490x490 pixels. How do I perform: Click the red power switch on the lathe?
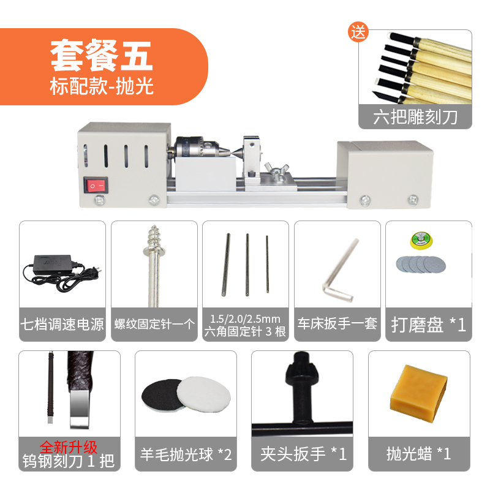pos(96,186)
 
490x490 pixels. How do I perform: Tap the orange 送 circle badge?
pos(358,32)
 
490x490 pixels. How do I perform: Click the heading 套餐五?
pos(102,56)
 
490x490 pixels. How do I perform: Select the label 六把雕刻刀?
pos(415,117)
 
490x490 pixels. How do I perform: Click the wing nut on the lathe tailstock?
pos(277,171)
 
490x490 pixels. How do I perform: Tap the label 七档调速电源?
pos(62,325)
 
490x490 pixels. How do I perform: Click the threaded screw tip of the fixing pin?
pos(154,239)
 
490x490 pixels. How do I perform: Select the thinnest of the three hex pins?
pos(267,264)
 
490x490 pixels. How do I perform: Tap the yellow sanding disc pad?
pos(421,241)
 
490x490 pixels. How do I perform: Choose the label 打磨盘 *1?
pos(428,325)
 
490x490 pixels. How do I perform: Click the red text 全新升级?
pos(69,447)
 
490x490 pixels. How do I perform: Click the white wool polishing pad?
pos(205,394)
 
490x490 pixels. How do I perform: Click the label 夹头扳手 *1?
pos(303,454)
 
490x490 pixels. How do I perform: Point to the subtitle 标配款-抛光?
pos(102,86)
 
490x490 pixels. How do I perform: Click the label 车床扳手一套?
pos(337,323)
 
